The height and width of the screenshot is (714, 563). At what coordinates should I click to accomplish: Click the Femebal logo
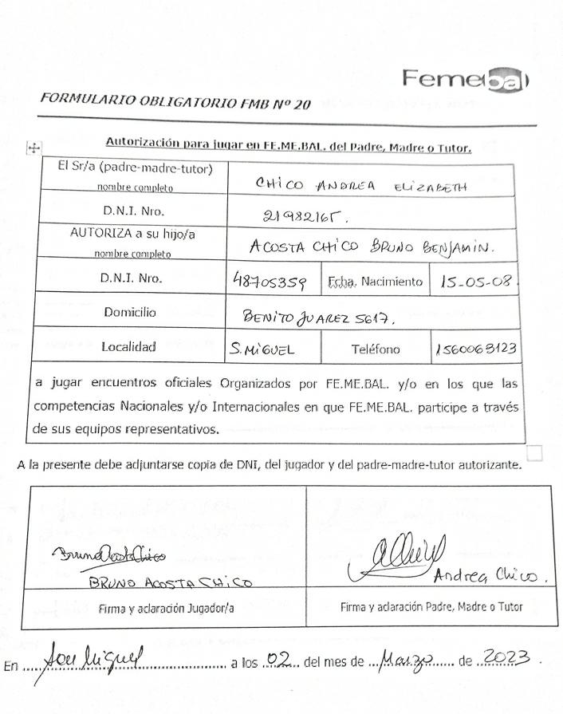[x=466, y=80]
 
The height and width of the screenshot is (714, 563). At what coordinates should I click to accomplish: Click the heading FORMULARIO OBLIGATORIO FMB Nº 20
[x=175, y=101]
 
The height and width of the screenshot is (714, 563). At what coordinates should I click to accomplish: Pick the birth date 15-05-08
[x=476, y=282]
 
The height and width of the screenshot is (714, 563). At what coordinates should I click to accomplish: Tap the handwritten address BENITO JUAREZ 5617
[x=319, y=318]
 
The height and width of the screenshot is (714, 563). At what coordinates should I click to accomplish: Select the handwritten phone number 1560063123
[x=476, y=349]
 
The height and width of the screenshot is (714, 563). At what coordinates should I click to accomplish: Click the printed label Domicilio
[x=129, y=313]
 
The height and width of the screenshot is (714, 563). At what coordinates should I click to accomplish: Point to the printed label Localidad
[x=128, y=347]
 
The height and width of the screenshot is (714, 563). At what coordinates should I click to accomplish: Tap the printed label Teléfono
[x=376, y=349]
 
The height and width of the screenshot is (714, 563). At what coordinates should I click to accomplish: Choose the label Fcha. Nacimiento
[x=375, y=282]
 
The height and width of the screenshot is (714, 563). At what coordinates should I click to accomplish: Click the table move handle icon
[x=34, y=148]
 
